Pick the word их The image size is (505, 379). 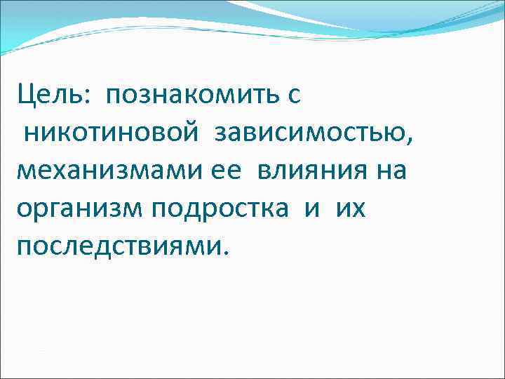(x=350, y=211)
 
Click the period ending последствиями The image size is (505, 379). (x=225, y=255)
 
